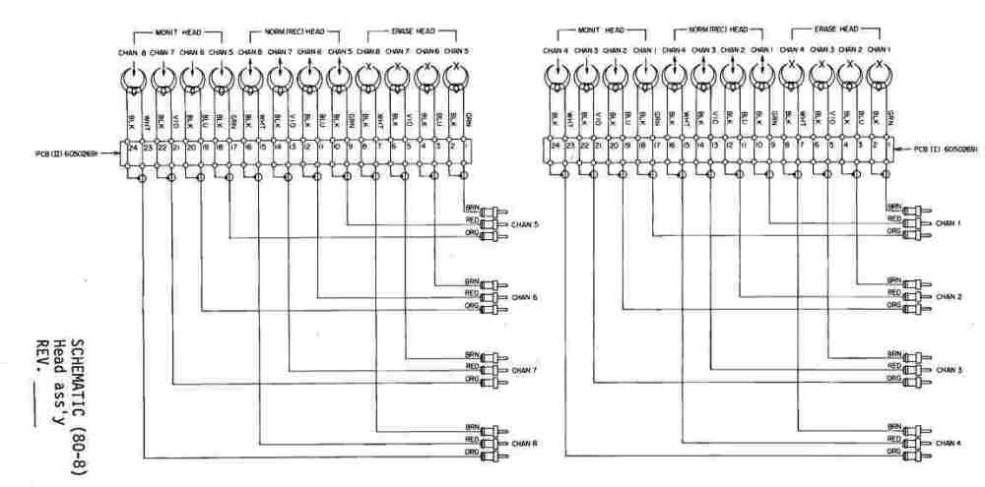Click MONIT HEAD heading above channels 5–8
(177, 32)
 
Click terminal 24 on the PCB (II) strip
(132, 150)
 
